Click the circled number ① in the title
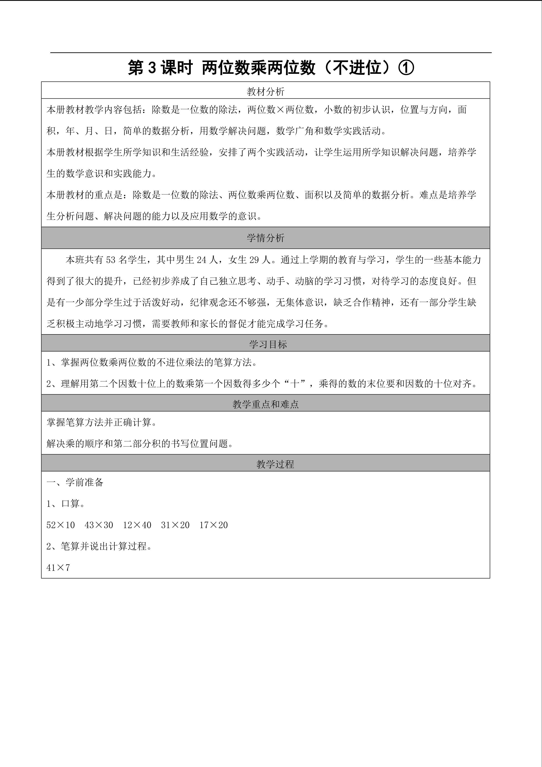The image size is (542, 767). pos(406,68)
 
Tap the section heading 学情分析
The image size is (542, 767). pos(265,238)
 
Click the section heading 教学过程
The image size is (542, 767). pos(275,464)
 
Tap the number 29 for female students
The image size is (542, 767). pos(255,260)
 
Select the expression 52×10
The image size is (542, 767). pos(60,525)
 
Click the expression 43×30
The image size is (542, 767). pos(99,525)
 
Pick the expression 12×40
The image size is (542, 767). pos(137,525)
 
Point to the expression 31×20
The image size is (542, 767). pos(175,525)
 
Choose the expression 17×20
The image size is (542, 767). pos(214,525)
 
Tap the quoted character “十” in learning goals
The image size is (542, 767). pos(295,384)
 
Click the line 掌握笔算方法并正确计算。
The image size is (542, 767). pos(102,423)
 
